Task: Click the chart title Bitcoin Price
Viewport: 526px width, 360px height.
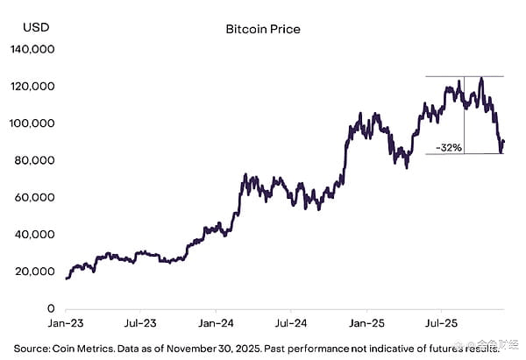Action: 263,29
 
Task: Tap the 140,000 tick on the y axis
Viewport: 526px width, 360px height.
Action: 32,50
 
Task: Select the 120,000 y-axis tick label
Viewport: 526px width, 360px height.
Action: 32,87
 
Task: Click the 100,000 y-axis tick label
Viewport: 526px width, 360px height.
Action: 32,124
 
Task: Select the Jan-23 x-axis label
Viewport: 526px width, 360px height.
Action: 66,323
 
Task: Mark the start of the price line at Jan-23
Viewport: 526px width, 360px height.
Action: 67,279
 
